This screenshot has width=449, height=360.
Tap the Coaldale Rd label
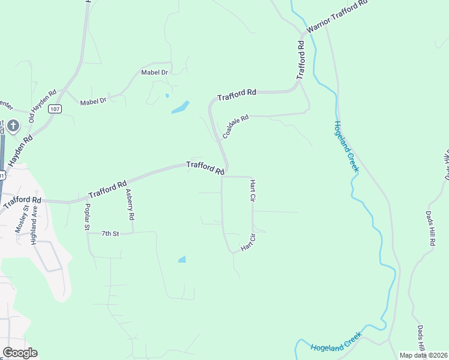pos(235,127)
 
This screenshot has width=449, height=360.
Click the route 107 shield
pos(55,109)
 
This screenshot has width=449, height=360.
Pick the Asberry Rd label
pos(130,205)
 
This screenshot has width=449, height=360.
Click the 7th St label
pos(110,233)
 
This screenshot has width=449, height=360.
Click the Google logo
pos(20,353)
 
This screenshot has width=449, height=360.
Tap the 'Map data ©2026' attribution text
pos(423,355)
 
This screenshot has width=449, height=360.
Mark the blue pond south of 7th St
pos(181,259)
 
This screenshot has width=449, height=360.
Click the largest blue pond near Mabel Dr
pos(180,108)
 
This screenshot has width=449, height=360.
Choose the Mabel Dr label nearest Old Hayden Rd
pos(93,102)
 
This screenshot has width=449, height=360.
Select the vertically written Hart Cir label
pos(253,191)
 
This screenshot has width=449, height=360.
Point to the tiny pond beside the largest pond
pos(167,95)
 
